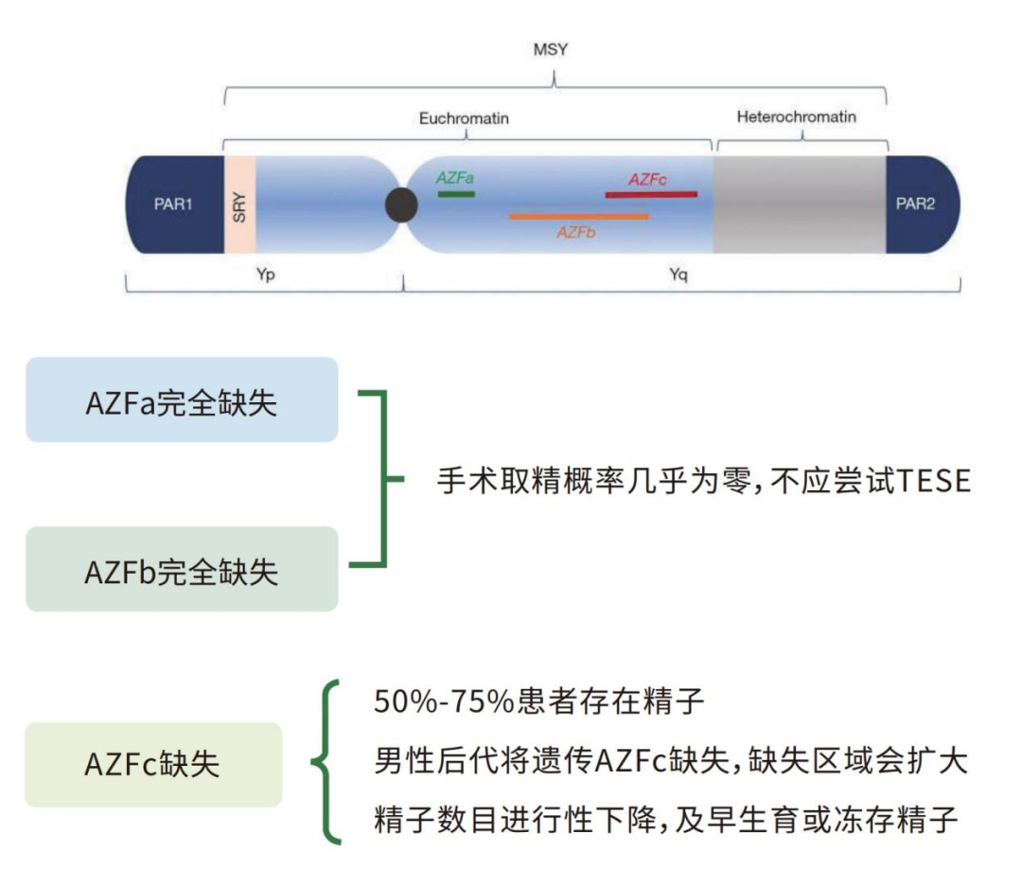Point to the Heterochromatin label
click(796, 117)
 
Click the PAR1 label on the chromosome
click(173, 204)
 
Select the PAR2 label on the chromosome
click(915, 204)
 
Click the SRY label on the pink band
click(238, 205)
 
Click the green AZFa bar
click(456, 193)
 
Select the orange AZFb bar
click(579, 216)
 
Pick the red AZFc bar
click(651, 194)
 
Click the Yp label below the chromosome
click(266, 275)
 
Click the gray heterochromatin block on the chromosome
click(799, 205)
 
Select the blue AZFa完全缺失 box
click(182, 399)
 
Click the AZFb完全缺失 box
click(182, 569)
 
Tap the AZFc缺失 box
click(153, 764)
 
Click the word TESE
click(932, 481)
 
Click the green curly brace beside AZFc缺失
click(325, 762)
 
